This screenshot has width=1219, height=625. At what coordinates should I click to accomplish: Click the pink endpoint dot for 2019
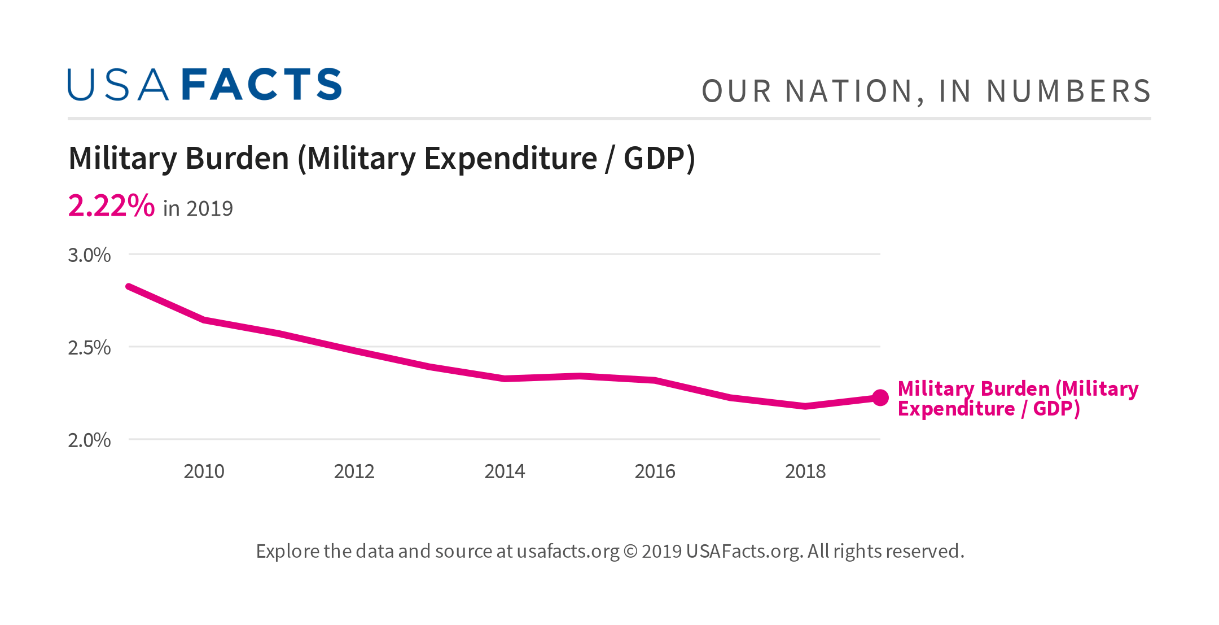tap(880, 398)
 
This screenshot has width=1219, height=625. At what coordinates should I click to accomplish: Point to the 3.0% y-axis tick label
tap(89, 255)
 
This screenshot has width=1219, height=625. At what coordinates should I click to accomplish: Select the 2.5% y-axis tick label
tap(89, 348)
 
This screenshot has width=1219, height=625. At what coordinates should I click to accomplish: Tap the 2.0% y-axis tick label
tap(89, 440)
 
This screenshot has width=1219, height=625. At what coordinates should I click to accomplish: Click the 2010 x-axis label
tap(204, 471)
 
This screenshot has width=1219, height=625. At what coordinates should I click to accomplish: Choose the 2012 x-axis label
tap(354, 471)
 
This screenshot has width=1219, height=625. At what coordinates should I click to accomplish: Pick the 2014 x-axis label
tap(505, 471)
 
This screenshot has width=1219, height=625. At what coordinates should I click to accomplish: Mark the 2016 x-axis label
tap(655, 471)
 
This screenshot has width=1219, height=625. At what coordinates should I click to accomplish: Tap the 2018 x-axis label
tap(805, 471)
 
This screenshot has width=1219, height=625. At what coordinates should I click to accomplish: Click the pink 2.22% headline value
tap(111, 206)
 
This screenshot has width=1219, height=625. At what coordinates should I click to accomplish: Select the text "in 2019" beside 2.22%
tap(198, 209)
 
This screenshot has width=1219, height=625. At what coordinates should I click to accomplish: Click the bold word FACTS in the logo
tap(262, 85)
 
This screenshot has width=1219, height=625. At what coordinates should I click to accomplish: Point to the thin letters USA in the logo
tap(118, 85)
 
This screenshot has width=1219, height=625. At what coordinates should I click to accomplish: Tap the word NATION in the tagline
tap(849, 91)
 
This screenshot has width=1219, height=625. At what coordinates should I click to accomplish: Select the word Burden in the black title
tap(237, 159)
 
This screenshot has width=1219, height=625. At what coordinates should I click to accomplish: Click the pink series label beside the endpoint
tap(1018, 399)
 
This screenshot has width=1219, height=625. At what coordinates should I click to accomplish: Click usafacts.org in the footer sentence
tap(568, 552)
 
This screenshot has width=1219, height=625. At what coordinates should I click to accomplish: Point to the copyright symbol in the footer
tap(630, 552)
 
